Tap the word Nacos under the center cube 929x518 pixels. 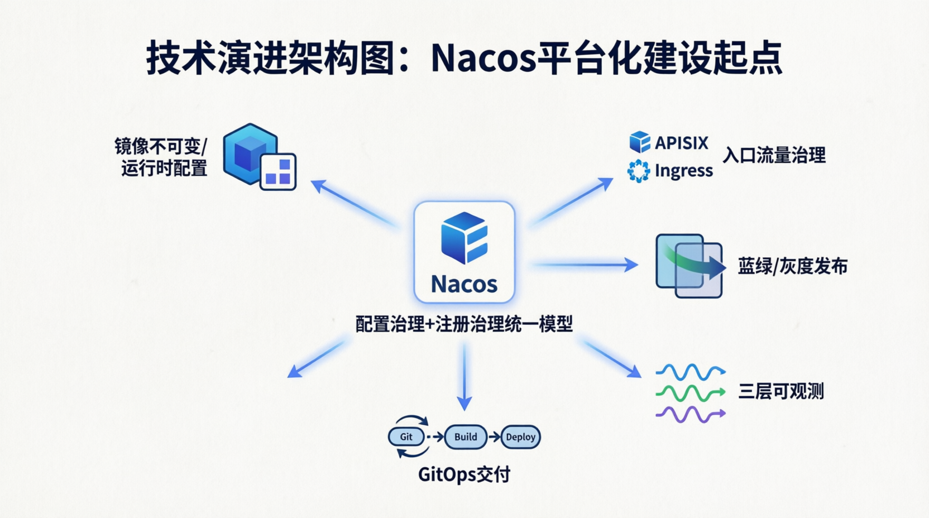click(464, 284)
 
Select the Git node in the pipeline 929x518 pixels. click(406, 437)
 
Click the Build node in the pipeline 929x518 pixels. click(466, 437)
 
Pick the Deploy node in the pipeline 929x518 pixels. click(520, 437)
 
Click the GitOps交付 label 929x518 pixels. click(464, 474)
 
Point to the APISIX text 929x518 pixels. click(681, 143)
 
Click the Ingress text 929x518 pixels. click(683, 171)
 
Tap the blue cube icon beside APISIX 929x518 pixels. click(640, 142)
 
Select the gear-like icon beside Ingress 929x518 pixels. click(639, 171)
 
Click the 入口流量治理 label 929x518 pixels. click(774, 155)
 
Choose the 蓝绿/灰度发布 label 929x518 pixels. click(792, 266)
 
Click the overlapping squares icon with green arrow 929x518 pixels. click(689, 266)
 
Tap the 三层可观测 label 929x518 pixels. click(780, 391)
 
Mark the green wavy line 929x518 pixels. click(690, 393)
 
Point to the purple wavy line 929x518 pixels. click(690, 414)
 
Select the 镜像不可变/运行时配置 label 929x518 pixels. click(161, 157)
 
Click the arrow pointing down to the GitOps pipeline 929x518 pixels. click(464, 377)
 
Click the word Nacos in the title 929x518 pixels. click(483, 59)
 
